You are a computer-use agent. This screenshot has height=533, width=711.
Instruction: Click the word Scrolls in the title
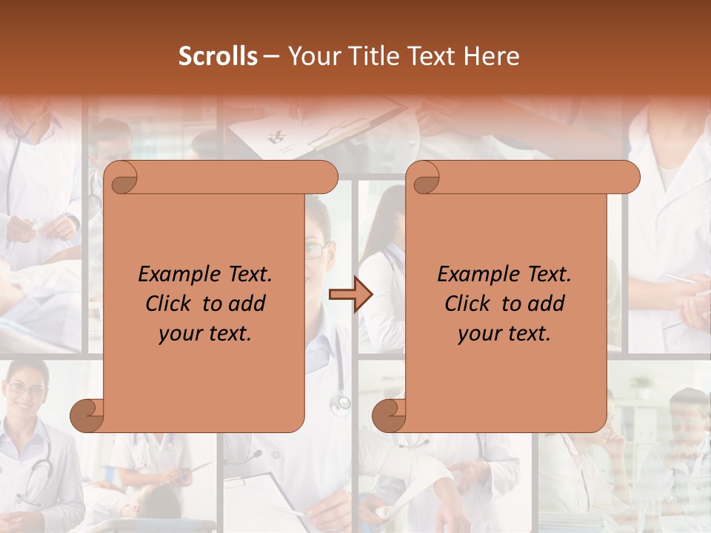tap(218, 56)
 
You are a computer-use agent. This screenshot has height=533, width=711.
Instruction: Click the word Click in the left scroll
tap(170, 304)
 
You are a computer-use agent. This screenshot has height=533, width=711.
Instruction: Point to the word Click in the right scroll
tap(470, 304)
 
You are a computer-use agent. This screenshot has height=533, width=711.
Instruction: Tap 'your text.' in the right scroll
tap(504, 333)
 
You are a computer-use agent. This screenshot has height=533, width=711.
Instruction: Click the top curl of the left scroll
tap(121, 178)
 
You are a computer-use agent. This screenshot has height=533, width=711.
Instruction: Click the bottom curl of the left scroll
tap(87, 415)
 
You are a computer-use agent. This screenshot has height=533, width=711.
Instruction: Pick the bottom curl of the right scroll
tap(389, 415)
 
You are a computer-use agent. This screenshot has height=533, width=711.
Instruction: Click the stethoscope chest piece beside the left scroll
tap(342, 403)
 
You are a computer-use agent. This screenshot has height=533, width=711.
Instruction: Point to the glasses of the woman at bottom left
tap(26, 389)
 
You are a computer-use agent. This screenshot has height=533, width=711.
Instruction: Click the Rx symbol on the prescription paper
tap(277, 135)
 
